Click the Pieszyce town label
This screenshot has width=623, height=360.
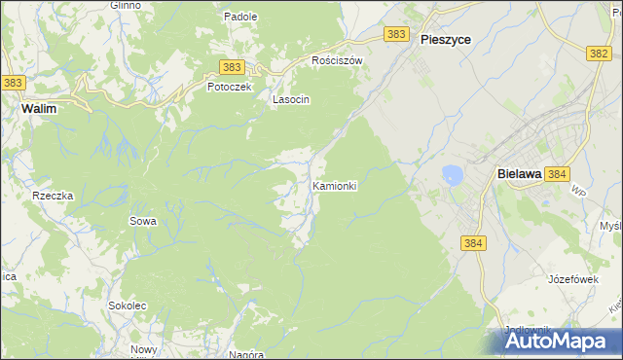tap(446, 40)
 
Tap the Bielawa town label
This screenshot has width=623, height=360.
tap(519, 173)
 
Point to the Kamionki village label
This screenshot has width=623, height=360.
tap(335, 185)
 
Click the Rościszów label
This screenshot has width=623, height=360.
tap(337, 60)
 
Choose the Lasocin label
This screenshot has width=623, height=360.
tap(290, 99)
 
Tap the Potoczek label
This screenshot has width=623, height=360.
tap(229, 87)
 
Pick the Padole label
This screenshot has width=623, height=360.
tap(240, 17)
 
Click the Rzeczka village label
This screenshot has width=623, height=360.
tap(53, 196)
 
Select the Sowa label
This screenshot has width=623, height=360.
tap(143, 221)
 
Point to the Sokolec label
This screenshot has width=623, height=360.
tap(128, 306)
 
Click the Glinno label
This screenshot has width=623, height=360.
tap(126, 5)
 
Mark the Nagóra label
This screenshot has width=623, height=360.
tap(247, 354)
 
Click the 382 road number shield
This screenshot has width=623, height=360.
tap(599, 54)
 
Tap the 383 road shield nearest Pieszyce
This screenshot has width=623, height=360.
tap(395, 34)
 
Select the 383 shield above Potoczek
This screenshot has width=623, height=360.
tap(232, 66)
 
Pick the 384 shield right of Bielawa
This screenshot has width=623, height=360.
tap(557, 173)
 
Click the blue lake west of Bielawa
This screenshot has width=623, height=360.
tap(453, 176)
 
